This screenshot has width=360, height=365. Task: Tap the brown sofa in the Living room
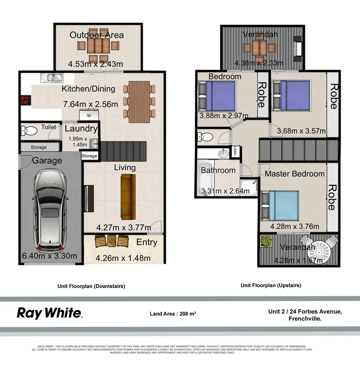[x=128, y=197]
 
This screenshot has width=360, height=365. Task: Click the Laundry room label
[x=81, y=128]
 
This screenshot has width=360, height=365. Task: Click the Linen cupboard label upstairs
[x=235, y=152]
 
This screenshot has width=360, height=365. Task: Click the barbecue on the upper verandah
[x=297, y=49]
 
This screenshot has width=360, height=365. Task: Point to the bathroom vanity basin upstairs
[x=223, y=154]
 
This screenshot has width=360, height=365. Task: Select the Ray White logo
[x=49, y=313]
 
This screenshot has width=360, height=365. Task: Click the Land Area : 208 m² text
[x=173, y=314]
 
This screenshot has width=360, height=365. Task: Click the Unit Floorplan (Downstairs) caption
[x=91, y=286]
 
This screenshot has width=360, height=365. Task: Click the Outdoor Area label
[x=97, y=35]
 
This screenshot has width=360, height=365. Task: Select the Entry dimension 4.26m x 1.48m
[x=123, y=258]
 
